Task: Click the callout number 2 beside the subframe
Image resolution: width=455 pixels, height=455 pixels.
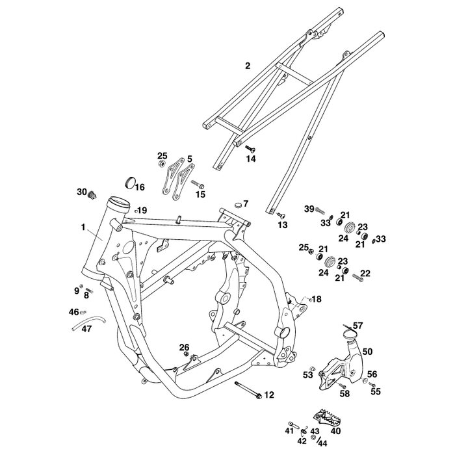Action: click(247, 66)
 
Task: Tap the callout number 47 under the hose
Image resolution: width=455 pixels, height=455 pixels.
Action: click(86, 329)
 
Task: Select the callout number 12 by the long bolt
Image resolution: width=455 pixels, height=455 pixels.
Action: click(269, 395)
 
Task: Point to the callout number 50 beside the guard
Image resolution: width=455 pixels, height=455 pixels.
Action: click(367, 352)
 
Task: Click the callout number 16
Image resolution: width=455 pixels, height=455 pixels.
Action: click(140, 187)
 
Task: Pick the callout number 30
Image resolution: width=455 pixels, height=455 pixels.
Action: click(82, 192)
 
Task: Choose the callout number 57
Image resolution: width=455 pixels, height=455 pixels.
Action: click(357, 326)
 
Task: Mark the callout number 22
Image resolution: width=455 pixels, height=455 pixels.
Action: click(365, 273)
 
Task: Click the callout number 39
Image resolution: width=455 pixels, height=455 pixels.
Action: click(309, 209)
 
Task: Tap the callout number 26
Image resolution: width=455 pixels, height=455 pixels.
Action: click(184, 347)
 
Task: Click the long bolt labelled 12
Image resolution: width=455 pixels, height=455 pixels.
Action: click(248, 389)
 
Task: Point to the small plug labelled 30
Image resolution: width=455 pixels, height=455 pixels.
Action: click(92, 195)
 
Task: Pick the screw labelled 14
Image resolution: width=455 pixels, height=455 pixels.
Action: click(250, 149)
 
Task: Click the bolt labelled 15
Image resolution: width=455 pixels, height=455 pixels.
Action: click(198, 184)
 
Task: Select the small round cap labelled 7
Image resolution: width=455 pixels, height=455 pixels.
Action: click(238, 205)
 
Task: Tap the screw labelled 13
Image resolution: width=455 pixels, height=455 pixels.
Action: click(281, 215)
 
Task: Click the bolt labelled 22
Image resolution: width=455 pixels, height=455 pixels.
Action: click(357, 278)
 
